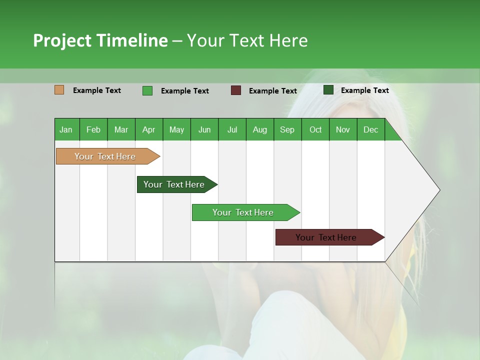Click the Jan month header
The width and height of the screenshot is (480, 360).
pos(66,129)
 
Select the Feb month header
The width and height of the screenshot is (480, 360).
pos(93,129)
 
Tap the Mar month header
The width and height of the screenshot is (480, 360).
pos(121,129)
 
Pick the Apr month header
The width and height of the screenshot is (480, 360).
pos(148,129)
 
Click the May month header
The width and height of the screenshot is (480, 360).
pos(176,129)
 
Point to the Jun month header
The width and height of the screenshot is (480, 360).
pos(204,129)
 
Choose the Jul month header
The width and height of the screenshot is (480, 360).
pos(232,129)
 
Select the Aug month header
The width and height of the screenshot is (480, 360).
pos(259,129)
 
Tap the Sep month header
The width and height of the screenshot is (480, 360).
pos(287,129)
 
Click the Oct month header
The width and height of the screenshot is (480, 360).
pos(315,129)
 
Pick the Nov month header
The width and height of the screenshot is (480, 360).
pos(343,129)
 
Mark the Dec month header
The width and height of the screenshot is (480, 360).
pos(370,129)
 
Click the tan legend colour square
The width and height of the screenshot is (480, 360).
pos(59,90)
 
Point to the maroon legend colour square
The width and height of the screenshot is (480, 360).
pos(236,90)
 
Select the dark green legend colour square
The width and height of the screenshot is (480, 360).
pos(328,90)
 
